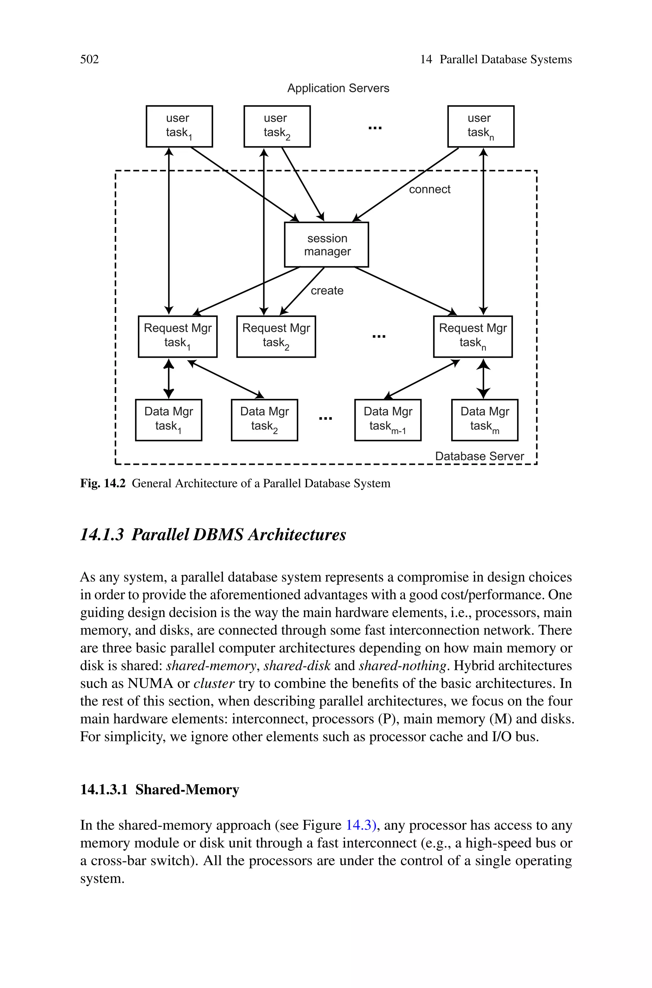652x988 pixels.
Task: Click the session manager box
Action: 326,245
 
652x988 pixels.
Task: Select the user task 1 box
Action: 179,126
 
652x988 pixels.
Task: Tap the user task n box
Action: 481,126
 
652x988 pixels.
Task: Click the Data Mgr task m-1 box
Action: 387,420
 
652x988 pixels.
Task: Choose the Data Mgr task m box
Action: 485,420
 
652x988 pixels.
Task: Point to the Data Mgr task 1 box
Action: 168,420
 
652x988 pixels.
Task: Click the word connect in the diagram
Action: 429,189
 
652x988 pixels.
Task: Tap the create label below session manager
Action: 327,291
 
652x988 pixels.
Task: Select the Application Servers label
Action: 338,88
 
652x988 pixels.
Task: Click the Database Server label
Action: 479,456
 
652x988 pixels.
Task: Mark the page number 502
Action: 89,60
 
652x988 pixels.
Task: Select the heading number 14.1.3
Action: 102,535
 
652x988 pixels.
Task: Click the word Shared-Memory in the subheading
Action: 187,789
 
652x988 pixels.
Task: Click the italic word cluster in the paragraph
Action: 214,683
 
